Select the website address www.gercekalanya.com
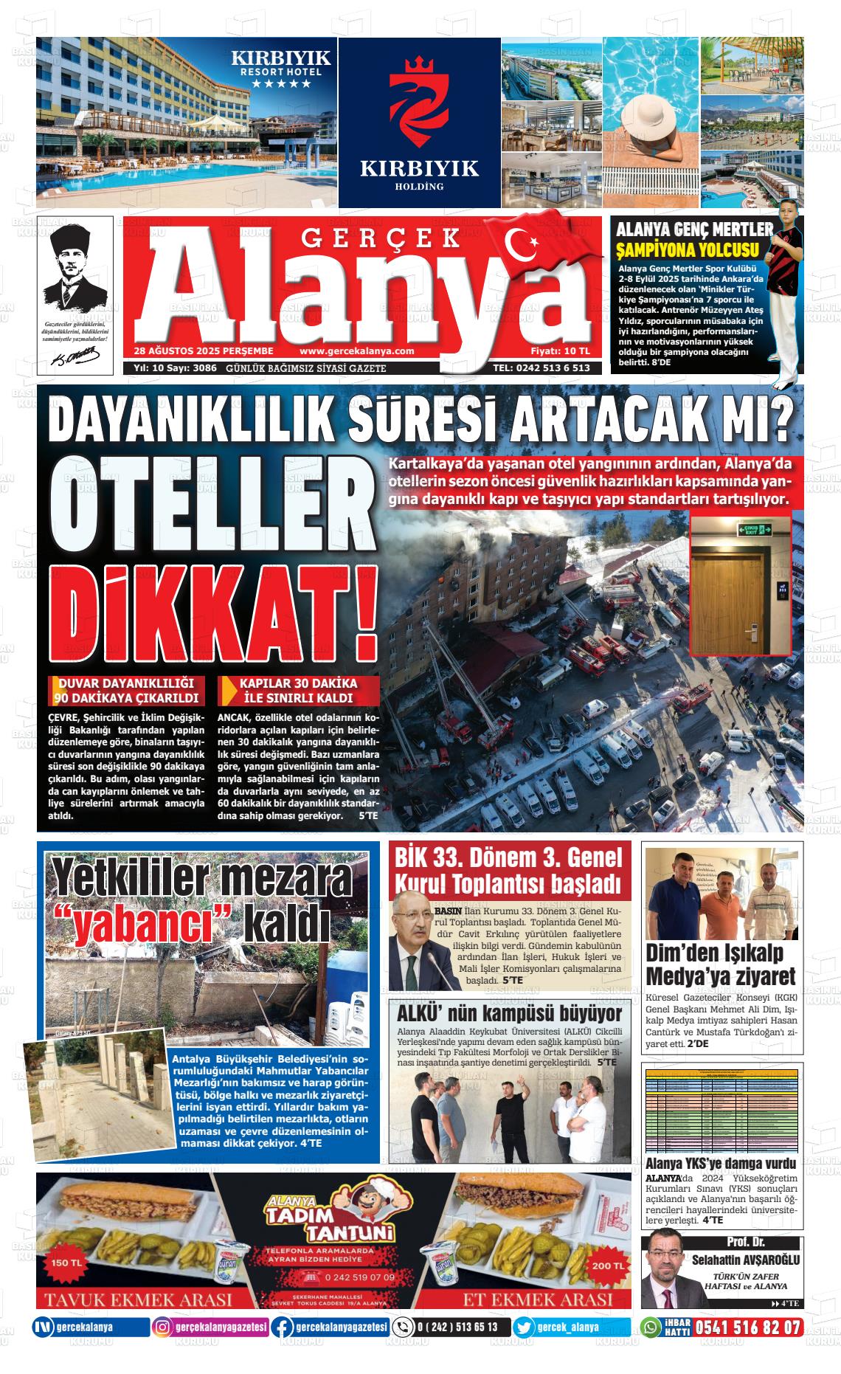pyautogui.click(x=357, y=351)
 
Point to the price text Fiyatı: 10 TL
pyautogui.click(x=560, y=351)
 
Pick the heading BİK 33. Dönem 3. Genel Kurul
pyautogui.click(x=509, y=869)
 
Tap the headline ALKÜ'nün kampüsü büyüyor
pyautogui.click(x=509, y=1013)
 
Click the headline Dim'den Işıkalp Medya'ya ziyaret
pyautogui.click(x=721, y=964)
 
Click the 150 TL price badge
pyautogui.click(x=67, y=1263)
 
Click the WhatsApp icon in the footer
pyautogui.click(x=650, y=1348)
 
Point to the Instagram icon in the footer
pyautogui.click(x=162, y=1348)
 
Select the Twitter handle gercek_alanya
pyautogui.click(x=569, y=1348)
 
